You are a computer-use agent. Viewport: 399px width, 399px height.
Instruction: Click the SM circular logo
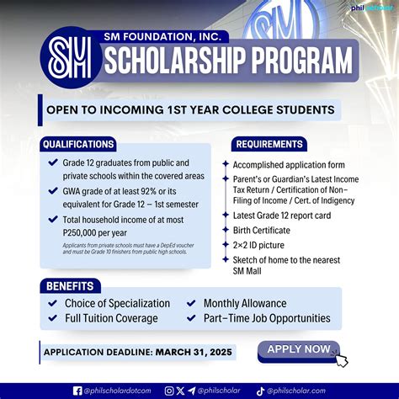[x=70, y=57]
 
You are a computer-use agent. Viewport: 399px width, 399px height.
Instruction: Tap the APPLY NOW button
[x=298, y=349]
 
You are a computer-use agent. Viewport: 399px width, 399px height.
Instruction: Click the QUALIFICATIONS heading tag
[x=78, y=144]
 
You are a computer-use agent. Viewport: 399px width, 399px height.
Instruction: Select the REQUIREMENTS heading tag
[x=269, y=144]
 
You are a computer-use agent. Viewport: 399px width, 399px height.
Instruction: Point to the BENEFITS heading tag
[x=70, y=285]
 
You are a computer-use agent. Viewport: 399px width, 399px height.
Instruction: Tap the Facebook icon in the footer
[x=78, y=390]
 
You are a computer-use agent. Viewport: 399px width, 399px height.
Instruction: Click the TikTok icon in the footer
[x=261, y=390]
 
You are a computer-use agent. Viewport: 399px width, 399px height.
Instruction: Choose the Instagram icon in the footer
[x=169, y=390]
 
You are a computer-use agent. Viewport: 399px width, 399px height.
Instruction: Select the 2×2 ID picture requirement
[x=260, y=244]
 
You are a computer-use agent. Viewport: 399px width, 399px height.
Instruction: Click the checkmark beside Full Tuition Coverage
[x=53, y=318]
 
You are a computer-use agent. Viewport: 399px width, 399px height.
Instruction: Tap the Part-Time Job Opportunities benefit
[x=267, y=318]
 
